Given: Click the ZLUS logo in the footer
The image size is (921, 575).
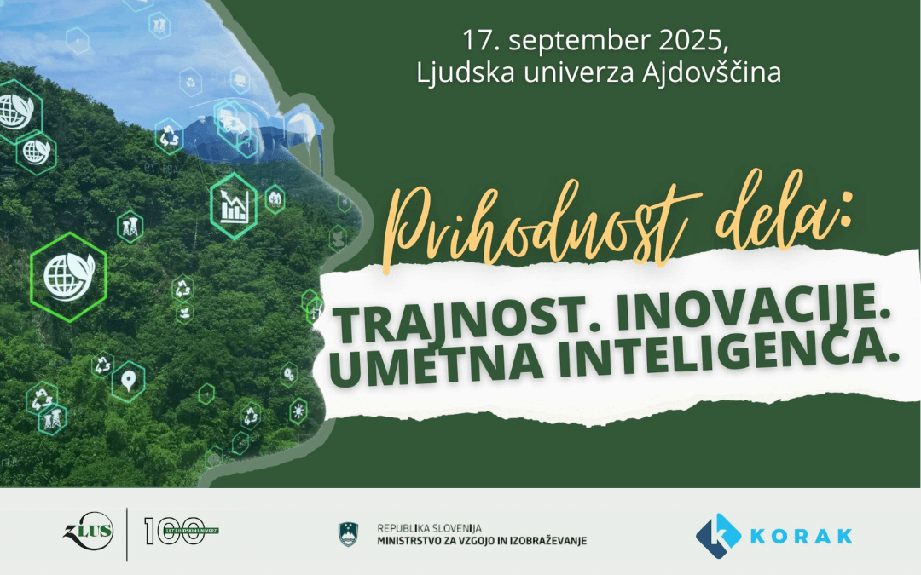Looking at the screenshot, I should (x=87, y=533).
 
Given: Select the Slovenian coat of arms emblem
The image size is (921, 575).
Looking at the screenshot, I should (x=347, y=534).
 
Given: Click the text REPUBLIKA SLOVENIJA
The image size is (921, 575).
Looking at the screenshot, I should (x=429, y=528).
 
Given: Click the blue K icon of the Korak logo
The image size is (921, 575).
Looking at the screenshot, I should (x=716, y=534).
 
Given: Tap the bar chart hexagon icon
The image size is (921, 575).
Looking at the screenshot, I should (x=233, y=205).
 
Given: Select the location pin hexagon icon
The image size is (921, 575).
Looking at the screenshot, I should (x=128, y=381).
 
